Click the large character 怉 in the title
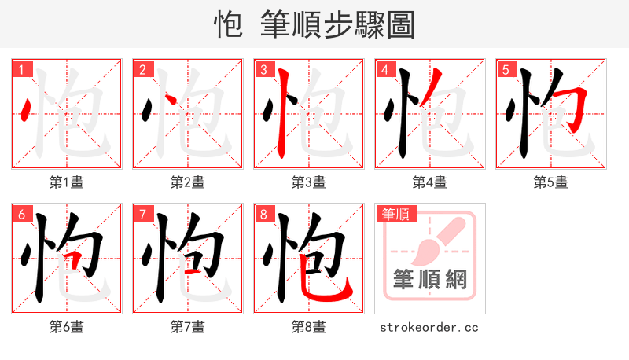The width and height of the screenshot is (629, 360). point(228,24)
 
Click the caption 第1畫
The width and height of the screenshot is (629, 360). point(66,182)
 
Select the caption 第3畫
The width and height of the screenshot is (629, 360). point(308,182)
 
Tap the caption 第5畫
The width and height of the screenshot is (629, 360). point(550,182)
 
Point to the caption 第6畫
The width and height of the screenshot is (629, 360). point(66,327)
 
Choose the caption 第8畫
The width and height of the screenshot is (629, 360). point(308,327)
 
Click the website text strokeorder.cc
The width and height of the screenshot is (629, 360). point(429,327)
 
